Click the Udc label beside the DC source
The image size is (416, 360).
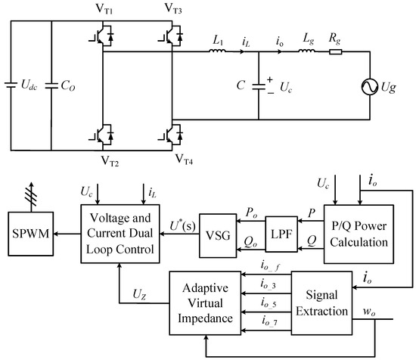[x=29, y=85]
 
